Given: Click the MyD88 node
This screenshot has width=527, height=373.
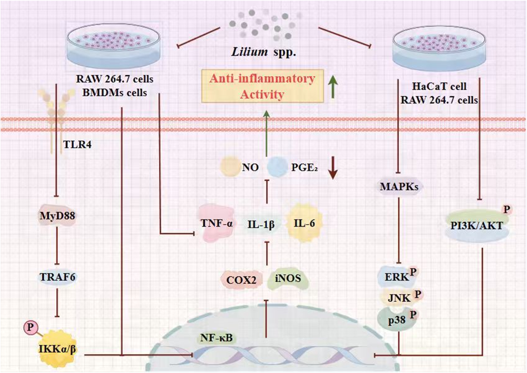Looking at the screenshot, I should point(57,215).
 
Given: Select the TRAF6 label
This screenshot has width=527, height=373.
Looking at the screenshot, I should point(58,277).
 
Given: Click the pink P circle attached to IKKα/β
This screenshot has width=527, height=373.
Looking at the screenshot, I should point(30,327).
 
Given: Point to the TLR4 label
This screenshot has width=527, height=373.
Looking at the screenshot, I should point(77,145).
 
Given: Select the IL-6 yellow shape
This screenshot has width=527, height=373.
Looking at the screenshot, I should point(304,223).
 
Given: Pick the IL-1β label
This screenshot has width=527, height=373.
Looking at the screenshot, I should point(261,225).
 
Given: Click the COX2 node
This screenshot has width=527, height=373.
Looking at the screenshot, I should point(241,280).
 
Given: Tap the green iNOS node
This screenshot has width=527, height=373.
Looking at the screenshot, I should point(288,279).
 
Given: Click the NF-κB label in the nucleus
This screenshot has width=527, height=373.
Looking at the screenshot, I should point(216,338).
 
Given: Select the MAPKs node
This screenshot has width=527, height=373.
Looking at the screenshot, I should point(399,187).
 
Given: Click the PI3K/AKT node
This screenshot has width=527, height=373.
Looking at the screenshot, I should point(476,226).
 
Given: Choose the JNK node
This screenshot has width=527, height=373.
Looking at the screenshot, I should point(399,298).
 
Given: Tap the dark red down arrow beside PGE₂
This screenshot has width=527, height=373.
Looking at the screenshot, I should point(332,168).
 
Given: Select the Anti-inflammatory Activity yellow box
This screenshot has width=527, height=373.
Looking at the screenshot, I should point(262,87).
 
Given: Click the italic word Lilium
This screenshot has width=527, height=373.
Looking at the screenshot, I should point(249,52).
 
